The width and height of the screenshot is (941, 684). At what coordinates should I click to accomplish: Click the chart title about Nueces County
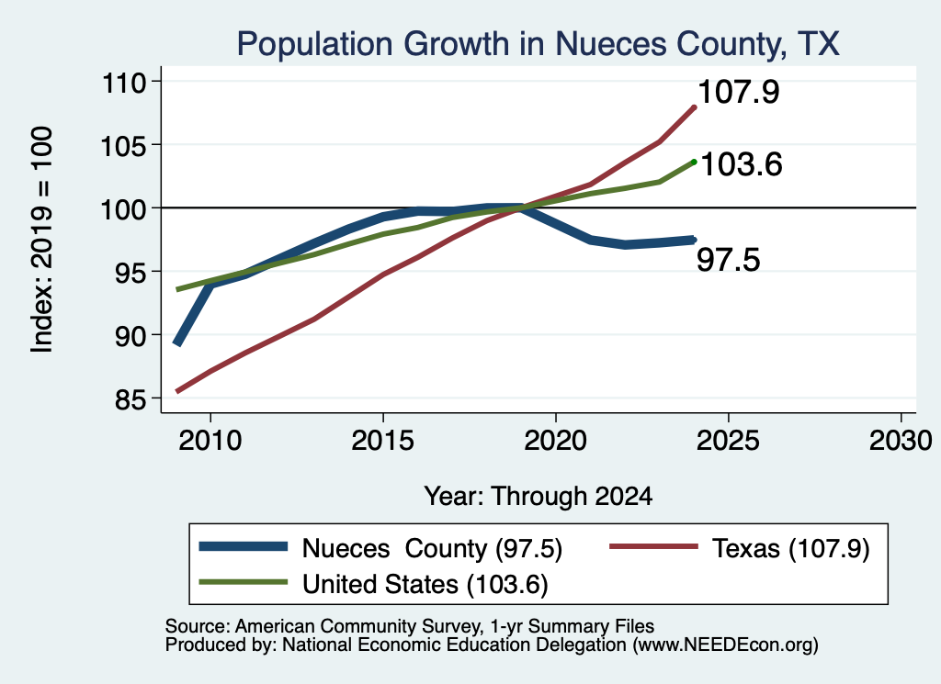coord(538,44)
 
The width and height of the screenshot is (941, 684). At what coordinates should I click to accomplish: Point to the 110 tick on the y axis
coord(124,82)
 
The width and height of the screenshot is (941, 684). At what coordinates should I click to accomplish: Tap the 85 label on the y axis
coord(130,398)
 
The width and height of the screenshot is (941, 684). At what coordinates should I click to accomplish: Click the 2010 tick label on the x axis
coord(210,441)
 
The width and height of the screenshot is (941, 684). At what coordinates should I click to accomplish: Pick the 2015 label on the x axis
coord(383,441)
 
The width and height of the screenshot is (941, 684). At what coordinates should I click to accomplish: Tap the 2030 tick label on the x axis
coord(901,441)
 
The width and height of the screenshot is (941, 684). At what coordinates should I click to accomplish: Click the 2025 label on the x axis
coord(728,441)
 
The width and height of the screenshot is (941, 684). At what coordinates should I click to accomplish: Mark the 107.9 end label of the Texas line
coord(739,92)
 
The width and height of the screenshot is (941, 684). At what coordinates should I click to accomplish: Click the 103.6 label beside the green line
coord(742,164)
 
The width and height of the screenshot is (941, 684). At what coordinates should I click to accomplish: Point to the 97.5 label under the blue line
coord(729,260)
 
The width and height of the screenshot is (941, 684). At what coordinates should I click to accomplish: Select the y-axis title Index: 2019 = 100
coord(42,240)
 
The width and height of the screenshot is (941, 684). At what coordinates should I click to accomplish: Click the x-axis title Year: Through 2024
coord(539,497)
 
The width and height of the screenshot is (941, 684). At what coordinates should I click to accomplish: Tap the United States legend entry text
coord(425,585)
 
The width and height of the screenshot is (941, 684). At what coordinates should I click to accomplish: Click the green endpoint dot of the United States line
coord(695,162)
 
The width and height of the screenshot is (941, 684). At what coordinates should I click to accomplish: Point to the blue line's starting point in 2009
coord(177,343)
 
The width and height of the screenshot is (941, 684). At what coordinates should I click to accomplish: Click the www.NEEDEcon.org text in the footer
coord(723,645)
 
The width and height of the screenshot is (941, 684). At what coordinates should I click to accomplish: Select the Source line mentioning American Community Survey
coord(409,626)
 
